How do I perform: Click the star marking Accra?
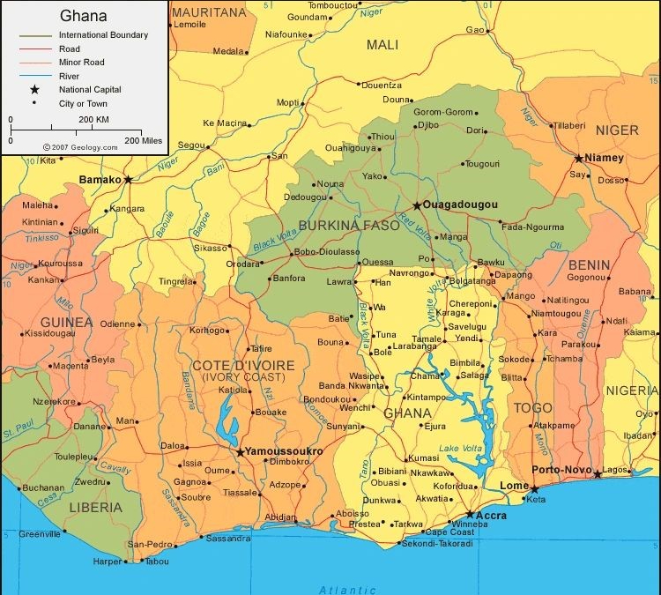(470, 514)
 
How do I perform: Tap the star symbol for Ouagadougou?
(417, 205)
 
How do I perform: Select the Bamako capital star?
(128, 179)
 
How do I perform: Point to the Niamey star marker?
(578, 159)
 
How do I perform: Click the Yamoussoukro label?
(284, 451)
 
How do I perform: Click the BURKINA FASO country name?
(349, 226)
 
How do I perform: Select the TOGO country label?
(532, 408)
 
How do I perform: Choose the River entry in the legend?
(71, 76)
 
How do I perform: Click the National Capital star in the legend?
(34, 90)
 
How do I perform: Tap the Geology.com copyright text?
(80, 148)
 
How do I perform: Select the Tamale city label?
(427, 338)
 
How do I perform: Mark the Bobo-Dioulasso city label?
(327, 252)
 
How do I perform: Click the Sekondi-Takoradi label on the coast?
(437, 544)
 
